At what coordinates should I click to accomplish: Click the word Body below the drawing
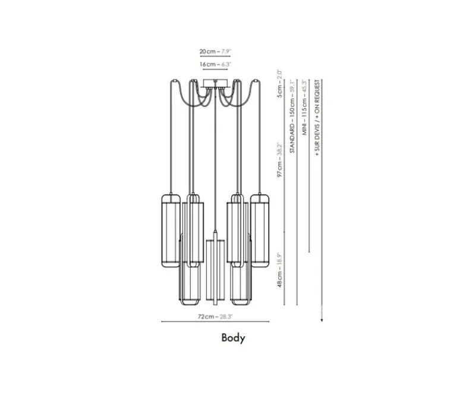(233, 338)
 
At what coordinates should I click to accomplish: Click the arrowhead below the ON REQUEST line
(322, 320)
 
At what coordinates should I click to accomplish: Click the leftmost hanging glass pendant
(169, 226)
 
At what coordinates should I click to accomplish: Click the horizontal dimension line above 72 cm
(215, 322)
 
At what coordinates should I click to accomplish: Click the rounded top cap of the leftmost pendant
(169, 196)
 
